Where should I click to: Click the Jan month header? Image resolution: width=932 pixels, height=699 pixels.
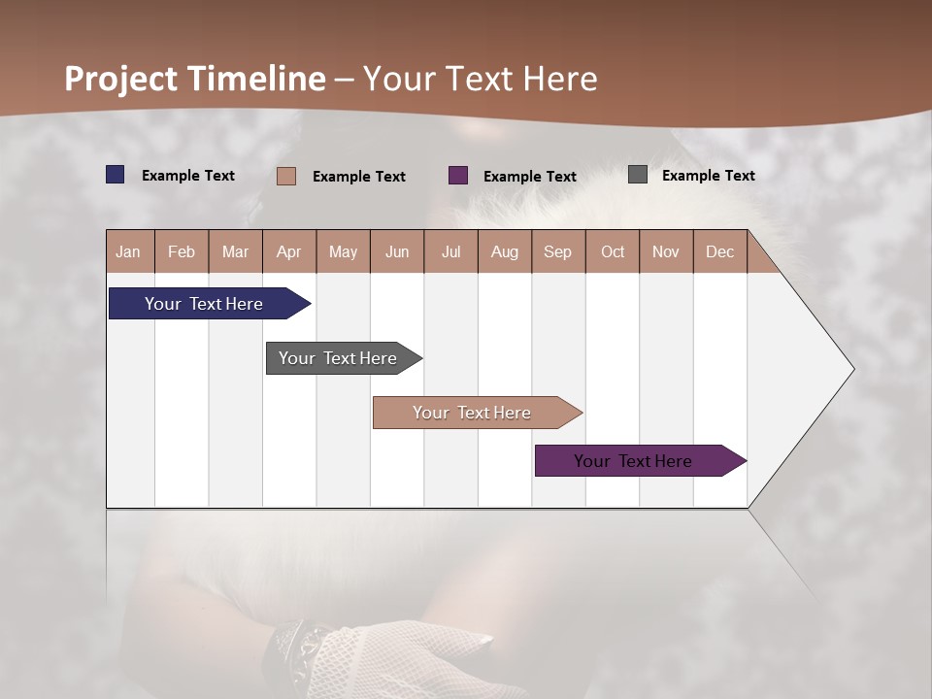(129, 251)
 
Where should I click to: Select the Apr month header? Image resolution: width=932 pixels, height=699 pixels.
(289, 251)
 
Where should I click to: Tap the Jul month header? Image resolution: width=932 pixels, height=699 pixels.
(450, 251)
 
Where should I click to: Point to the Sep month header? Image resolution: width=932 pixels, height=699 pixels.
(557, 251)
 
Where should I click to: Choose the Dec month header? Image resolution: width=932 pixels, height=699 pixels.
(719, 251)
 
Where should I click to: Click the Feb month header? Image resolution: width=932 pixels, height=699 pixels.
(182, 251)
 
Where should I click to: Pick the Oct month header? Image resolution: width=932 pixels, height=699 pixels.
(613, 251)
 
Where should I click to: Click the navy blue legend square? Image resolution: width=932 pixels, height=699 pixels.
(116, 175)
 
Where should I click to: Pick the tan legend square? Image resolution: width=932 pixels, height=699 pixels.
(286, 176)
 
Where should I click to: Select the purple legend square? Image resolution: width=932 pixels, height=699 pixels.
(458, 176)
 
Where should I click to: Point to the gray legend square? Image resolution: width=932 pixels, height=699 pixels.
(638, 175)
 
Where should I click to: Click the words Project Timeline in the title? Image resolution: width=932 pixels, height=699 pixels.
(195, 79)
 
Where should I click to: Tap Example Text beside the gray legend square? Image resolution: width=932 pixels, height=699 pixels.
(708, 176)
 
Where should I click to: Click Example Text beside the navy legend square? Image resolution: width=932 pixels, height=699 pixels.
(188, 176)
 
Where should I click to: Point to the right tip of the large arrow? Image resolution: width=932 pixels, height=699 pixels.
(852, 369)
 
